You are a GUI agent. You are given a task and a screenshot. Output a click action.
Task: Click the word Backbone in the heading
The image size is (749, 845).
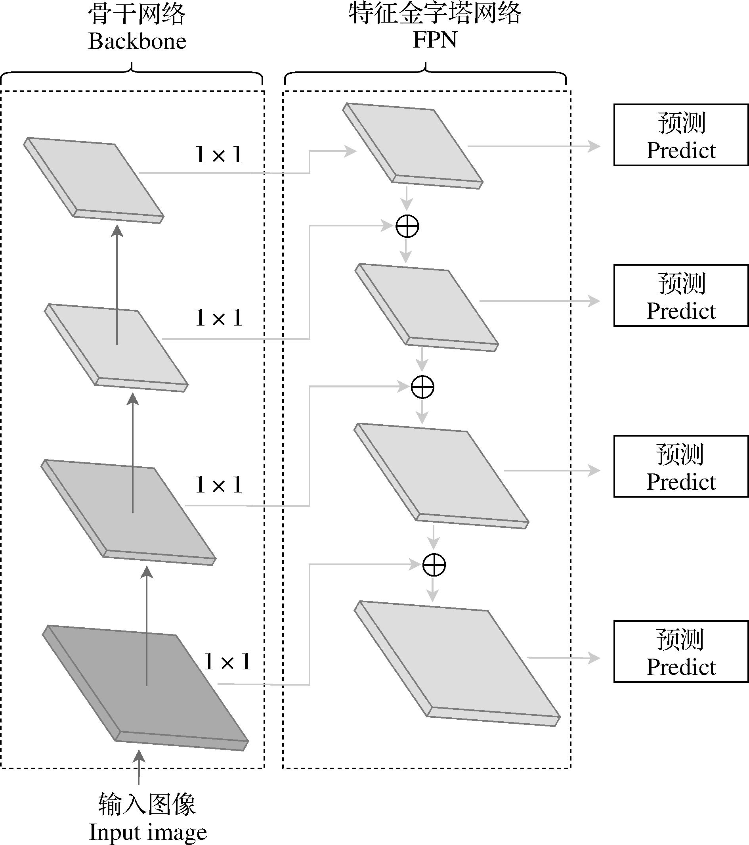pos(138,41)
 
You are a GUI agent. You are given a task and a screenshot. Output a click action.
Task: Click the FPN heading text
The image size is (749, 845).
pos(435,40)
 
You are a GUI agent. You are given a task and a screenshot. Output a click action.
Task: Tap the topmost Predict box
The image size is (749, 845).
pos(680,135)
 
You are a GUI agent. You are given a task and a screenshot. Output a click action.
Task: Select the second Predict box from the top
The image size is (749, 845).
pos(680,295)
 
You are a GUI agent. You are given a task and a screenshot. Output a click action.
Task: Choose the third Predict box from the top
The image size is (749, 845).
pos(680,466)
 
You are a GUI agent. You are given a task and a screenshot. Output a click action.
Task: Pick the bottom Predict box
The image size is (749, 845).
pos(680,651)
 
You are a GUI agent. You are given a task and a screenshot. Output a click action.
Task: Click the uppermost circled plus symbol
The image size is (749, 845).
pos(407,226)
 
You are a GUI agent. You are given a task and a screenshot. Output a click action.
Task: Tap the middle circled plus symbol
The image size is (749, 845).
pos(422,387)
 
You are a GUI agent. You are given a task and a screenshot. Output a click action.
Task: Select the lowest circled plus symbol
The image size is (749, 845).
pos(434,565)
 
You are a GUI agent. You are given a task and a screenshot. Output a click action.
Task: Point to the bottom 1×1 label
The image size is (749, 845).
pos(227,662)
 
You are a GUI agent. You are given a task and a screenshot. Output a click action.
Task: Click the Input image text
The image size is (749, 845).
pos(147,832)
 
